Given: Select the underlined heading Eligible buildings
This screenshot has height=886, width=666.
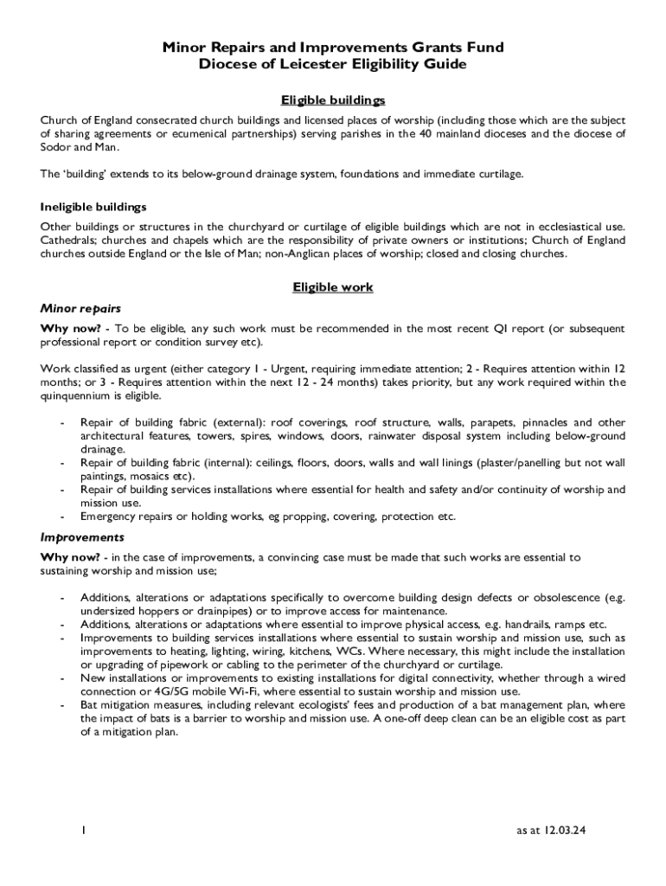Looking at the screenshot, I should (x=333, y=100).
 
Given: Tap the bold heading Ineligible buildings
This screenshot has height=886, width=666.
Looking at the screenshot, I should (x=93, y=207).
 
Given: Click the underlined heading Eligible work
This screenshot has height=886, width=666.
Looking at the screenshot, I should (x=333, y=287).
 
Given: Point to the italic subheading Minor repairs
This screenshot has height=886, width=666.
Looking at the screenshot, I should (x=80, y=308).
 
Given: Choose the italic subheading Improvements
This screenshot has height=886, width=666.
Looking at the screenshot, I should (x=82, y=537).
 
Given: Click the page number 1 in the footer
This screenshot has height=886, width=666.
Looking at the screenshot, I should (x=82, y=831).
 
